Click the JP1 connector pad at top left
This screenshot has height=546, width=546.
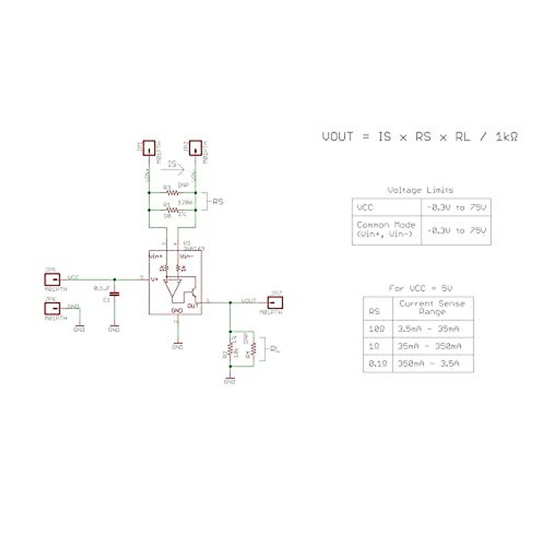pyautogui.click(x=149, y=148)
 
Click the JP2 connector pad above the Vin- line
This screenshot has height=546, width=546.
pyautogui.click(x=196, y=148)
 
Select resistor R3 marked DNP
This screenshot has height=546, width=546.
pyautogui.click(x=172, y=192)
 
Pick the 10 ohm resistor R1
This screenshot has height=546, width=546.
pyautogui.click(x=172, y=210)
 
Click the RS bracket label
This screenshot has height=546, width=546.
pyautogui.click(x=218, y=202)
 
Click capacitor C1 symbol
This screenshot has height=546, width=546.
pyautogui.click(x=114, y=294)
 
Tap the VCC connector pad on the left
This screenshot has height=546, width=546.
pyautogui.click(x=52, y=279)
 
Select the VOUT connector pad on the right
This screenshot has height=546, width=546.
pyautogui.click(x=275, y=302)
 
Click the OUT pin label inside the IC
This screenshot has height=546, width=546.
pyautogui.click(x=193, y=306)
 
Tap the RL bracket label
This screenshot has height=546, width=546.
pyautogui.click(x=275, y=349)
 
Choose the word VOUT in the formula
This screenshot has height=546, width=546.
pyautogui.click(x=338, y=136)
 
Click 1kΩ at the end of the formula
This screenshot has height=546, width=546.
pyautogui.click(x=506, y=136)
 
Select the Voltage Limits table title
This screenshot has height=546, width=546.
pyautogui.click(x=420, y=190)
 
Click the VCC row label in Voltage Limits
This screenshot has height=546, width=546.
pyautogui.click(x=365, y=207)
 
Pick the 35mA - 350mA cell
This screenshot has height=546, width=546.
pyautogui.click(x=429, y=346)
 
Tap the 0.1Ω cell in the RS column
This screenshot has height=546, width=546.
pyautogui.click(x=377, y=364)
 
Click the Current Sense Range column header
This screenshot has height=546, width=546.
pyautogui.click(x=432, y=308)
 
